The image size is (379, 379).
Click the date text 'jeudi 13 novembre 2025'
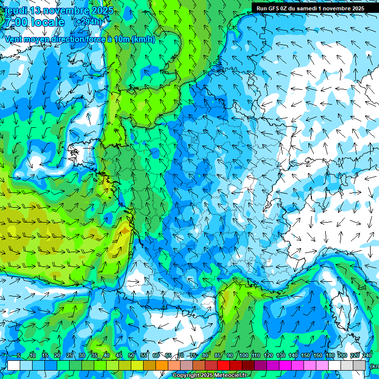pos(58,10)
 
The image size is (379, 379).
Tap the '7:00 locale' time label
pos(35,22)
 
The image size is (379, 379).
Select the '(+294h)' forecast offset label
pos(88,22)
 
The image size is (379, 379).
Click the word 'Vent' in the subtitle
pos(14,39)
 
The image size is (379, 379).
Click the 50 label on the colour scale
pos(131,355)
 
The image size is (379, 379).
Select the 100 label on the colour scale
pos(243,355)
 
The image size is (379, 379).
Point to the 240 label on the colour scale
pos(367,355)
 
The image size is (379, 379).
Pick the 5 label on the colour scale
pos(19,355)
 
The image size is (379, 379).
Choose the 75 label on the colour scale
pos(193,355)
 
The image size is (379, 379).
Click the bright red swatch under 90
pos(224,365)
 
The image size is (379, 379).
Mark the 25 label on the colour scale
pos(69,355)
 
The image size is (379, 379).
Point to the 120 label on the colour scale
pos(268,355)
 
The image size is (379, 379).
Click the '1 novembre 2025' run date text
pos(338,8)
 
